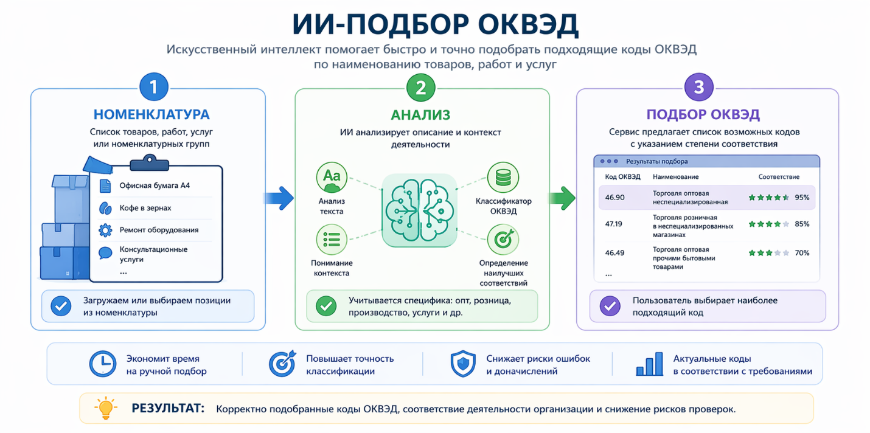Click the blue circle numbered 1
(154, 87)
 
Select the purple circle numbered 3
(699, 87)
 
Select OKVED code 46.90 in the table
(614, 197)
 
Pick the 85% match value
(802, 224)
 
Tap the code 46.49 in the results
(614, 252)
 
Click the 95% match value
(802, 197)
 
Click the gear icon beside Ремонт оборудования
(105, 230)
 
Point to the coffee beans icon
(105, 208)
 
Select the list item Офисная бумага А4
(155, 185)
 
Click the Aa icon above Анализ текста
(332, 177)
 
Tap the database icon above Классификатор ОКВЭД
(503, 177)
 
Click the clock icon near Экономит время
(102, 364)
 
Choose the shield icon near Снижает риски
(463, 364)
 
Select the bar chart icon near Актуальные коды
(649, 364)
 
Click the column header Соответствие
(779, 177)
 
